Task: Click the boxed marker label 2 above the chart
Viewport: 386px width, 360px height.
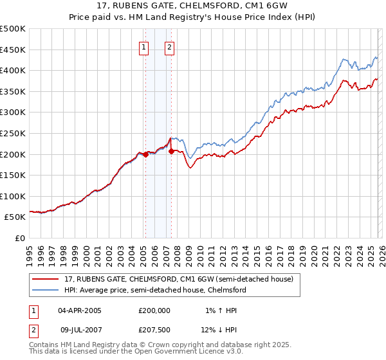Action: point(169,46)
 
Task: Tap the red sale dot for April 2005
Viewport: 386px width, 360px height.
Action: point(145,154)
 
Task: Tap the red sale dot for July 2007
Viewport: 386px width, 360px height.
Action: point(171,151)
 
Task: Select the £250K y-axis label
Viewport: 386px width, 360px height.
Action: point(13,133)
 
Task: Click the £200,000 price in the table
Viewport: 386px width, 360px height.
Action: point(154,310)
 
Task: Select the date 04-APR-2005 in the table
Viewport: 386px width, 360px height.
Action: point(80,310)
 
